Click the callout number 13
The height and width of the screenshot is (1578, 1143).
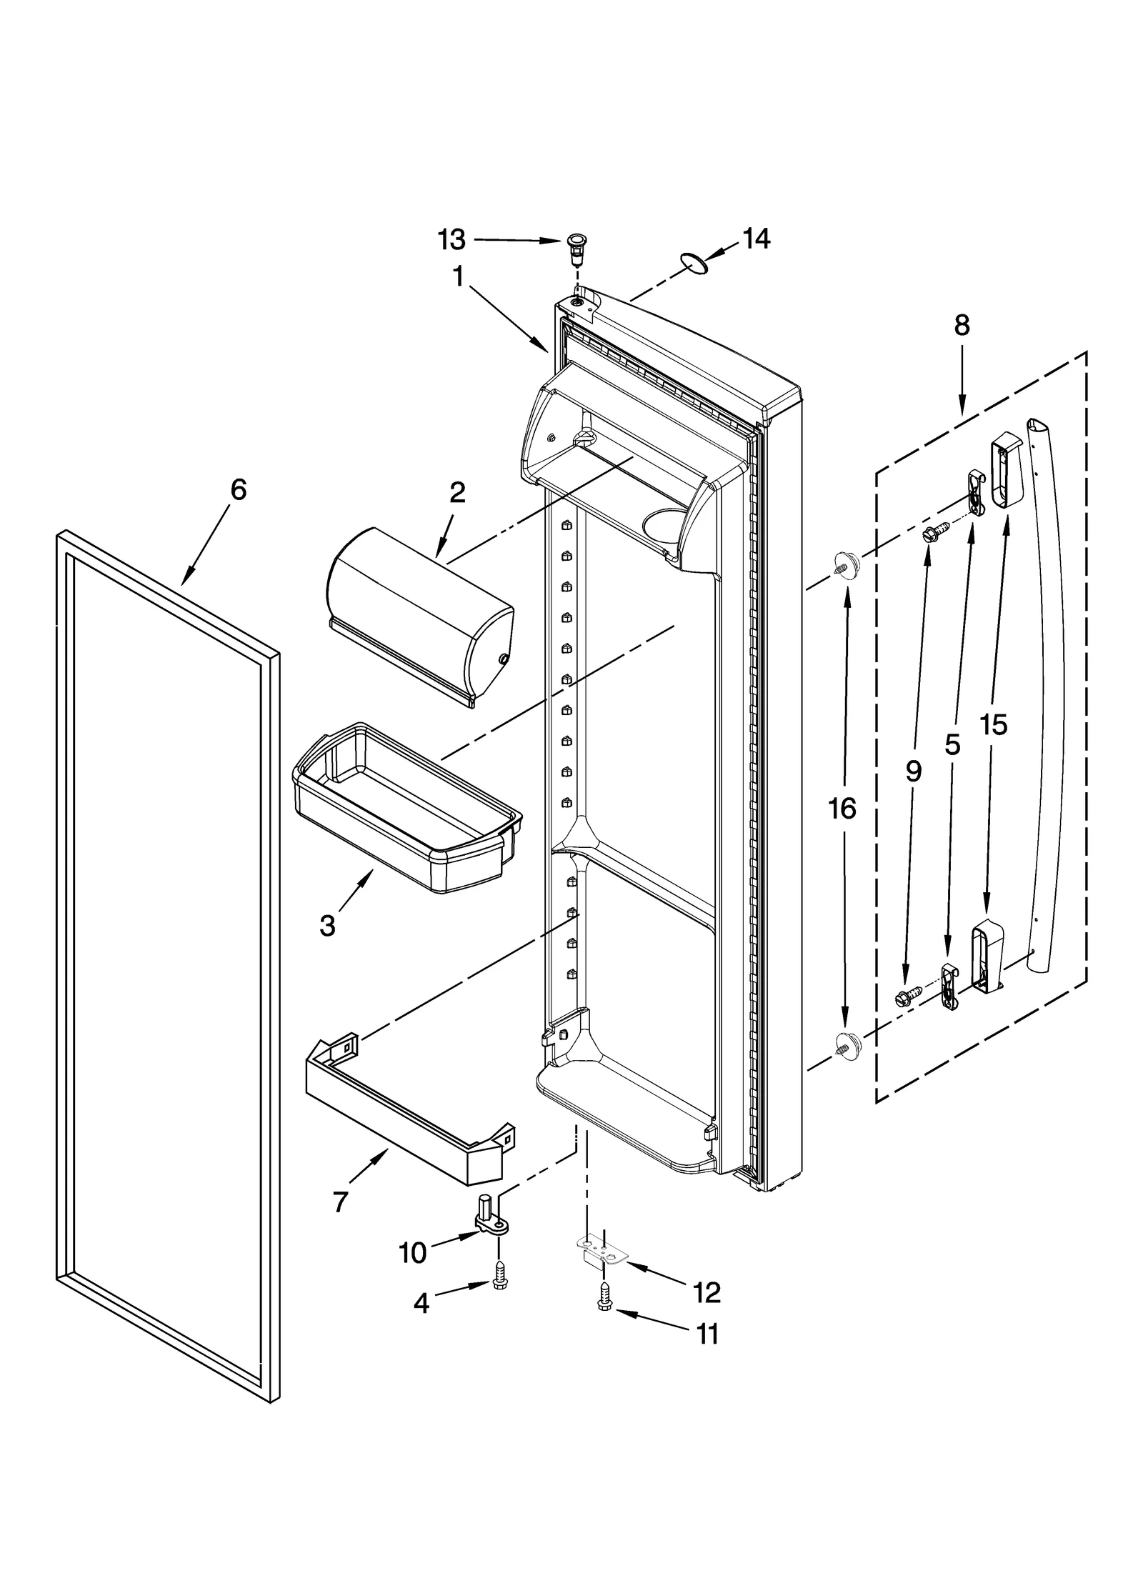coord(451,240)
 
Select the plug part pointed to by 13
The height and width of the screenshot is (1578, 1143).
coord(575,246)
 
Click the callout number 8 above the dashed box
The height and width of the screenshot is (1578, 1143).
coord(962,326)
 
